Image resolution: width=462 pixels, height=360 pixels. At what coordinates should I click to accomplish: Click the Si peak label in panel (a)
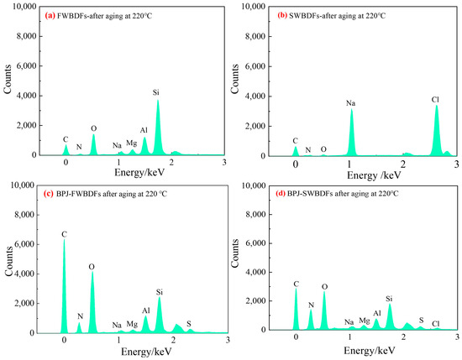(x=156, y=92)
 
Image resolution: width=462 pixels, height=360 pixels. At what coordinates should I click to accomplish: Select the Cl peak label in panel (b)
(x=435, y=100)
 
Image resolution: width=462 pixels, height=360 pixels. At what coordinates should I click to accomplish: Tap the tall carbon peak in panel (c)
(x=64, y=285)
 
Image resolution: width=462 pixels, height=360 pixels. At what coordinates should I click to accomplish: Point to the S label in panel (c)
(x=189, y=324)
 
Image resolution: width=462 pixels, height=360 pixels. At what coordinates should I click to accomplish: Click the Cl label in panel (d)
(x=436, y=324)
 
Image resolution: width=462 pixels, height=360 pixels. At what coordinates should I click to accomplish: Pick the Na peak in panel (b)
(x=351, y=132)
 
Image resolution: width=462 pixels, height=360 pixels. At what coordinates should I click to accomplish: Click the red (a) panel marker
(x=50, y=16)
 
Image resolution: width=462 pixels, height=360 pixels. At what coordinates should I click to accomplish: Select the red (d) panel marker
(x=281, y=194)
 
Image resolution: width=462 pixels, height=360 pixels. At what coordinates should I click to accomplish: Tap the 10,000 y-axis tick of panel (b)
(x=254, y=6)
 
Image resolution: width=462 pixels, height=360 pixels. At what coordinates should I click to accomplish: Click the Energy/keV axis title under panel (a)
(x=139, y=172)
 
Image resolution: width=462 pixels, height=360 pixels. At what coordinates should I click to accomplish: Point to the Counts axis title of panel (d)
(x=235, y=253)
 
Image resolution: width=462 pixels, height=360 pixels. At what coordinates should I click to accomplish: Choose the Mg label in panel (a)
(x=131, y=143)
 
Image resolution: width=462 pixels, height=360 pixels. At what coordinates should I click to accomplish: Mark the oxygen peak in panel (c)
(x=92, y=302)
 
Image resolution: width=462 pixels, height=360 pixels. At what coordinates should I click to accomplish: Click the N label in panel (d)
(x=311, y=305)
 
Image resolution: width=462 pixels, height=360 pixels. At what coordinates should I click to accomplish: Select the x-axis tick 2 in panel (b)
(x=403, y=164)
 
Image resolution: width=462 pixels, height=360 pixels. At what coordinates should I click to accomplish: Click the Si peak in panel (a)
(x=158, y=128)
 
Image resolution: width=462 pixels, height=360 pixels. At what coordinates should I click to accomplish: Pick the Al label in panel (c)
(x=146, y=310)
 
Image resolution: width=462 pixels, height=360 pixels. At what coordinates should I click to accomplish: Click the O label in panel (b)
(x=323, y=149)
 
